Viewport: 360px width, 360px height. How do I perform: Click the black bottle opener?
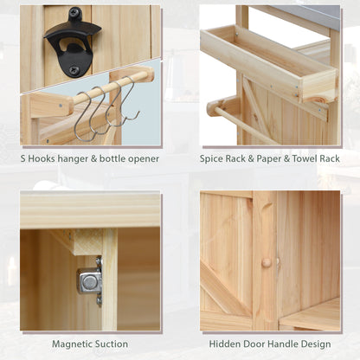tap(72, 43)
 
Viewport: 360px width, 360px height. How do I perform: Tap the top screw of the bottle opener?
tap(74, 13)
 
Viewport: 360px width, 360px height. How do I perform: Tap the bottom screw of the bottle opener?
tap(74, 70)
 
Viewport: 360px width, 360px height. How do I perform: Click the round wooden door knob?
tap(267, 262)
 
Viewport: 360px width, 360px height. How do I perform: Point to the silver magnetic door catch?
tap(90, 280)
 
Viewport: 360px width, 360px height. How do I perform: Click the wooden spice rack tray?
tap(268, 63)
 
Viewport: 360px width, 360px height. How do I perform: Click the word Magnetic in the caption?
tap(70, 344)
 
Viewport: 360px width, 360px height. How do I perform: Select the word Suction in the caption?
tap(112, 344)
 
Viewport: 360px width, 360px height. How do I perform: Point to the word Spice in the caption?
tap(212, 159)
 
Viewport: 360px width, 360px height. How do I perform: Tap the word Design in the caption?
tap(318, 344)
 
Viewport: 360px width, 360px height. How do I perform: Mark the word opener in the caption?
tap(144, 159)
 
